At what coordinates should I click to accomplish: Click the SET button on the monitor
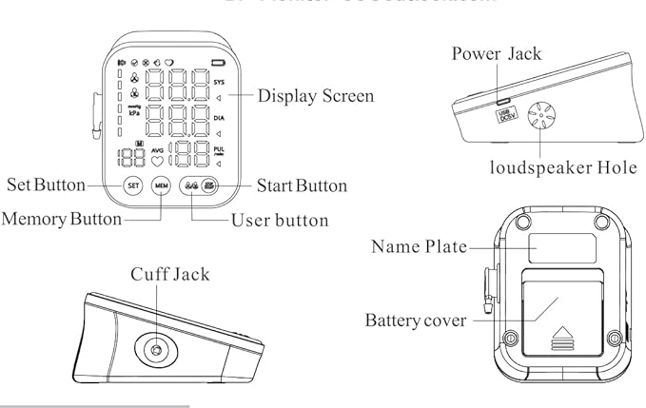132,185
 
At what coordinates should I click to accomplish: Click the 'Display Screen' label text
316,96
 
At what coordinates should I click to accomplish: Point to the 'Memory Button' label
62,219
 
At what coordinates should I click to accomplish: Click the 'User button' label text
280,221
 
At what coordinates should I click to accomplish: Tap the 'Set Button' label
47,185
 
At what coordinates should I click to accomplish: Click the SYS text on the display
221,82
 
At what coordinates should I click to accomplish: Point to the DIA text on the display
220,118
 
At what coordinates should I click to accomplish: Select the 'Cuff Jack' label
170,274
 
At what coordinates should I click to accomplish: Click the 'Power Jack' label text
497,53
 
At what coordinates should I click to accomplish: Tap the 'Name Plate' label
420,247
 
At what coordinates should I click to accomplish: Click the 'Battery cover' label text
416,320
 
